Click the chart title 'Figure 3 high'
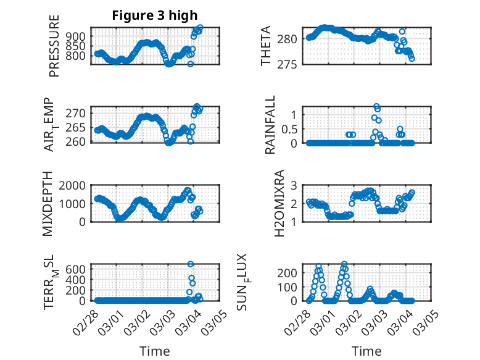tap(154, 15)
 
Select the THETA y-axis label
tap(266, 46)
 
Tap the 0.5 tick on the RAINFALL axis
tap(291, 129)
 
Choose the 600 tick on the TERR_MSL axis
tap(77, 269)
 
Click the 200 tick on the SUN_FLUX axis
tap(290, 272)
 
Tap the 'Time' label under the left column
tap(154, 351)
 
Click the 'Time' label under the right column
tap(366, 351)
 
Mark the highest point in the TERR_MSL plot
tap(191, 264)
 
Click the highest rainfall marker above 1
tap(376, 106)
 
